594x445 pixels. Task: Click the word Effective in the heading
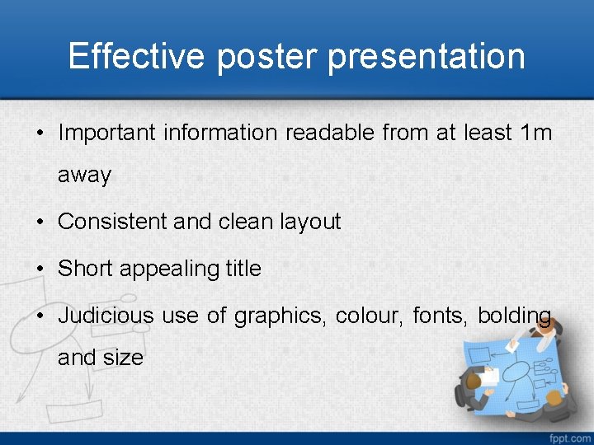136,56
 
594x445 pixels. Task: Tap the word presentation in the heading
427,56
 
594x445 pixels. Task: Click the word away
84,176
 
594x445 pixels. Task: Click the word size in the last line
123,358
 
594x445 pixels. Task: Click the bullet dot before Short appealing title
40,269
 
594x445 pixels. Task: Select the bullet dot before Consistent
40,222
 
